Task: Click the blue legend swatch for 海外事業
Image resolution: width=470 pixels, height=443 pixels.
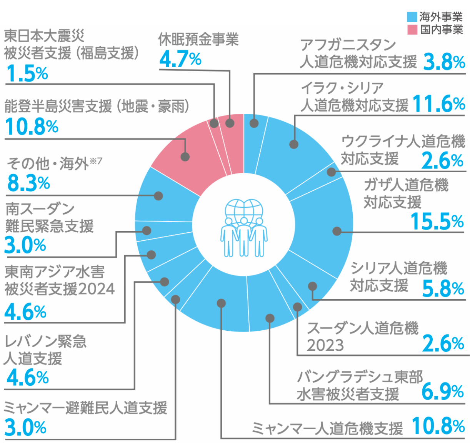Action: pyautogui.click(x=412, y=17)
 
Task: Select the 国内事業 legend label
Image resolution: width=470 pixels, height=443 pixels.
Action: pyautogui.click(x=441, y=30)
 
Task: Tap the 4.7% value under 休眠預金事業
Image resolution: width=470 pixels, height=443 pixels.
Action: pyautogui.click(x=180, y=59)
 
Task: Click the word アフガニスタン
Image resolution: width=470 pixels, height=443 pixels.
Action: pyautogui.click(x=348, y=45)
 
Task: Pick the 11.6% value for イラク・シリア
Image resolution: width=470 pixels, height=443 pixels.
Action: pyautogui.click(x=438, y=104)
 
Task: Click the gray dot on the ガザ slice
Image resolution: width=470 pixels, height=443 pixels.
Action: pyautogui.click(x=337, y=231)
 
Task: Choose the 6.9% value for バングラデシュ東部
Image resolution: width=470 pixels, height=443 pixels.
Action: pyautogui.click(x=442, y=392)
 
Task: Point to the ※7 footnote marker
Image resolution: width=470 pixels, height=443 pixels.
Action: pyautogui.click(x=96, y=161)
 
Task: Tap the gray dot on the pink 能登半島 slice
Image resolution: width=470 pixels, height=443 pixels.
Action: pyautogui.click(x=185, y=157)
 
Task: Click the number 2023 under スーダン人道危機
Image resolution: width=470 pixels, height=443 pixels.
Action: pyautogui.click(x=325, y=345)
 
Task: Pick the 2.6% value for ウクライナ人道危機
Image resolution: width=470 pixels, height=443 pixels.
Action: pyautogui.click(x=442, y=160)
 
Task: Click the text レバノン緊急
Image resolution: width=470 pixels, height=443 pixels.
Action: pyautogui.click(x=45, y=341)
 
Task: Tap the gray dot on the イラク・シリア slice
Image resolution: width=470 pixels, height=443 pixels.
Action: pyautogui.click(x=294, y=144)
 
